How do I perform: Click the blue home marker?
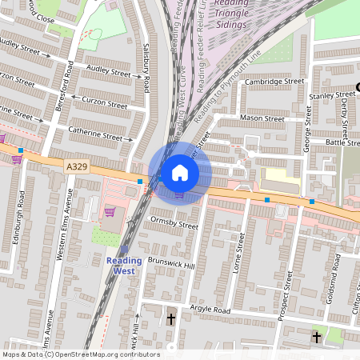179,172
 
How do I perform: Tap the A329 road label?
76,166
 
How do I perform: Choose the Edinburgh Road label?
22,220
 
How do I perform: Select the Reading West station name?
124,266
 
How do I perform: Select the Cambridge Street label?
276,81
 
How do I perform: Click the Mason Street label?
263,118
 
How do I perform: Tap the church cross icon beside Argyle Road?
171,319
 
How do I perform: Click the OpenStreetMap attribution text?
80,354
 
